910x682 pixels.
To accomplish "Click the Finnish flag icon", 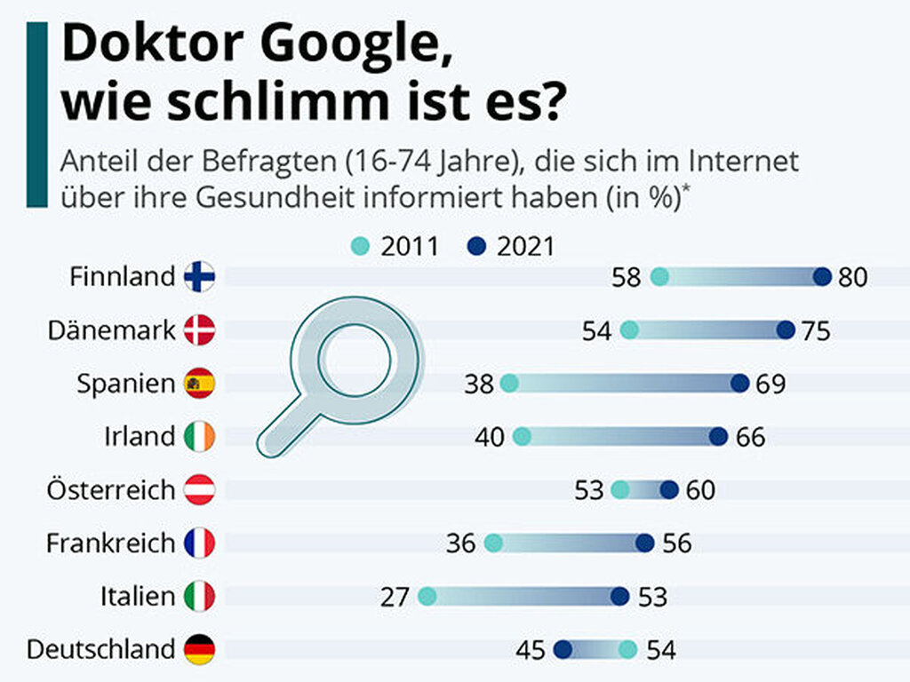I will click(x=199, y=277).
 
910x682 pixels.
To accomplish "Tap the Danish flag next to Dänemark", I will click(x=199, y=330).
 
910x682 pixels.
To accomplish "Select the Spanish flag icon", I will click(x=199, y=384).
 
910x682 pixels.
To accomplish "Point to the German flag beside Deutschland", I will click(x=199, y=650).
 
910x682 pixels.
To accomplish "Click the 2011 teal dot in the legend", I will click(x=361, y=247).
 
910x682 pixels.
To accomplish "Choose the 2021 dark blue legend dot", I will click(x=477, y=247).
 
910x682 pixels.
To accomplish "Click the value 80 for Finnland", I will click(x=852, y=278).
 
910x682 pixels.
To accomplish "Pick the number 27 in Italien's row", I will click(x=395, y=598).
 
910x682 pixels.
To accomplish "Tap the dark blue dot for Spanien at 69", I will click(x=739, y=384).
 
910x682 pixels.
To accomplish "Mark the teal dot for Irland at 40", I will click(x=523, y=437).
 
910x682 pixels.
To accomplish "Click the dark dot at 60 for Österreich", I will click(x=669, y=490).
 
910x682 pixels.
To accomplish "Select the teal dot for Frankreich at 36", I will click(x=494, y=543).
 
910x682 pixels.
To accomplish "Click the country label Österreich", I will click(x=111, y=490).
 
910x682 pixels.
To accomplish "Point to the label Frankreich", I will click(x=111, y=543).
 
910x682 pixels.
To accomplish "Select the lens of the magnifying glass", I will click(x=355, y=359).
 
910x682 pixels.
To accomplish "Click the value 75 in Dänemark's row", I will click(x=815, y=331).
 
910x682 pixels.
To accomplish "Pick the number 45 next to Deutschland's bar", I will click(x=531, y=651).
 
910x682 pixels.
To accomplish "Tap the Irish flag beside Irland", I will click(x=199, y=437).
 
